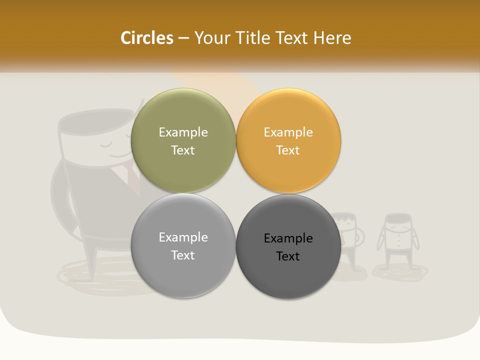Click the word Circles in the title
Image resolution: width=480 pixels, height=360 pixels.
pos(146,38)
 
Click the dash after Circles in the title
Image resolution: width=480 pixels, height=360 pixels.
pos(183,38)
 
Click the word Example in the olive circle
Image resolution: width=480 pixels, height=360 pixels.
pos(183,132)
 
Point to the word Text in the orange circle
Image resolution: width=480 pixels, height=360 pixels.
pos(288,150)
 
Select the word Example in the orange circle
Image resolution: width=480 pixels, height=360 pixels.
pos(288,132)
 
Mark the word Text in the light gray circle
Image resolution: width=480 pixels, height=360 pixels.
pos(183,255)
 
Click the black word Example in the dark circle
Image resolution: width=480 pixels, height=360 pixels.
pos(288,238)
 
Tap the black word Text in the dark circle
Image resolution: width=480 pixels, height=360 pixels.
pos(288,256)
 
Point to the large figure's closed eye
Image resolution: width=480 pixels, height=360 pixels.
pos(106,145)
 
